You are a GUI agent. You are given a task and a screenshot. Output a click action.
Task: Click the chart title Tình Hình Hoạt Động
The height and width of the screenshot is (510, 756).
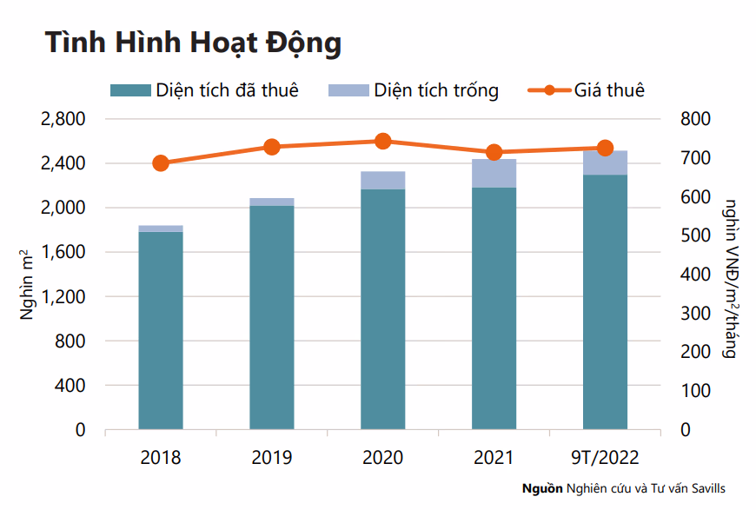pos(193,43)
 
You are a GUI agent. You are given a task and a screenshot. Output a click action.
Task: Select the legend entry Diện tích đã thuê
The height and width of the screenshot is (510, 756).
pos(205,90)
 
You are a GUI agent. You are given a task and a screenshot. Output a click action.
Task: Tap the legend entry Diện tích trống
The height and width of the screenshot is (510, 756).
pos(414,90)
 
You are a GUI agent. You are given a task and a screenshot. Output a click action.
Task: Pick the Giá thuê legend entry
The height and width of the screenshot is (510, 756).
pos(587,90)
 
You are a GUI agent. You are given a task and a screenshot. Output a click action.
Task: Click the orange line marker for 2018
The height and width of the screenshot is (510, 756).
pos(161,163)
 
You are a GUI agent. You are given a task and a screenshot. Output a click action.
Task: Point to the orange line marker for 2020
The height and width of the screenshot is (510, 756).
pos(383,142)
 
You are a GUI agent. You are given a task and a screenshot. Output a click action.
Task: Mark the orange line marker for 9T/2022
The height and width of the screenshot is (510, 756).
pos(605,149)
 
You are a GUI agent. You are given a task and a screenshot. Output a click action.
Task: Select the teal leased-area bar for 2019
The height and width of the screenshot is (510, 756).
pos(272,317)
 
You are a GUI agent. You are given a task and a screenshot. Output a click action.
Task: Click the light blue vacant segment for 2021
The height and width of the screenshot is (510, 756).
pos(494,173)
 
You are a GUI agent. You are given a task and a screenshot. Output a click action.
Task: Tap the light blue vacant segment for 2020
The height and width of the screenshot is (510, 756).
pos(383,180)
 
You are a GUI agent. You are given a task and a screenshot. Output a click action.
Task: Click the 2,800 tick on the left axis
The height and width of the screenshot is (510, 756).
pos(63,119)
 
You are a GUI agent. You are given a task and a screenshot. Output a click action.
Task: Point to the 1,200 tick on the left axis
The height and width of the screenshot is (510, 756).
pos(63,297)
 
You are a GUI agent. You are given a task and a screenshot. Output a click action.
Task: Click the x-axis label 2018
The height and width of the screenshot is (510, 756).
pos(161,457)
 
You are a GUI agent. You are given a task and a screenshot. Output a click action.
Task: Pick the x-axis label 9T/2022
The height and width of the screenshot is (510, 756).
pos(605,457)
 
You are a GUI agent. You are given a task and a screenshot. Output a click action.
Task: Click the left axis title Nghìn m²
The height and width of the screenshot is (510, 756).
pos(27,281)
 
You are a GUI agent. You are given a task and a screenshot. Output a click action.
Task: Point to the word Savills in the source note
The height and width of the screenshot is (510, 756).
pos(706,488)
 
